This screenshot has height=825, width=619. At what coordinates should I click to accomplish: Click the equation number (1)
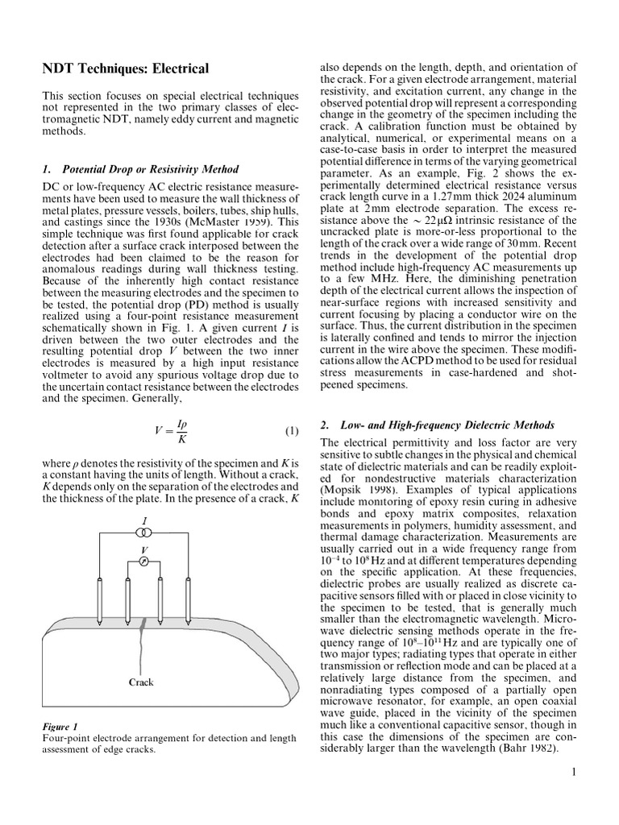pyautogui.click(x=291, y=431)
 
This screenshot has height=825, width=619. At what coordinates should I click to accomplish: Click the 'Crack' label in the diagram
pyautogui.click(x=141, y=682)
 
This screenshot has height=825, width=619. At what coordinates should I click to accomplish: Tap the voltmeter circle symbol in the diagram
pyautogui.click(x=143, y=558)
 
